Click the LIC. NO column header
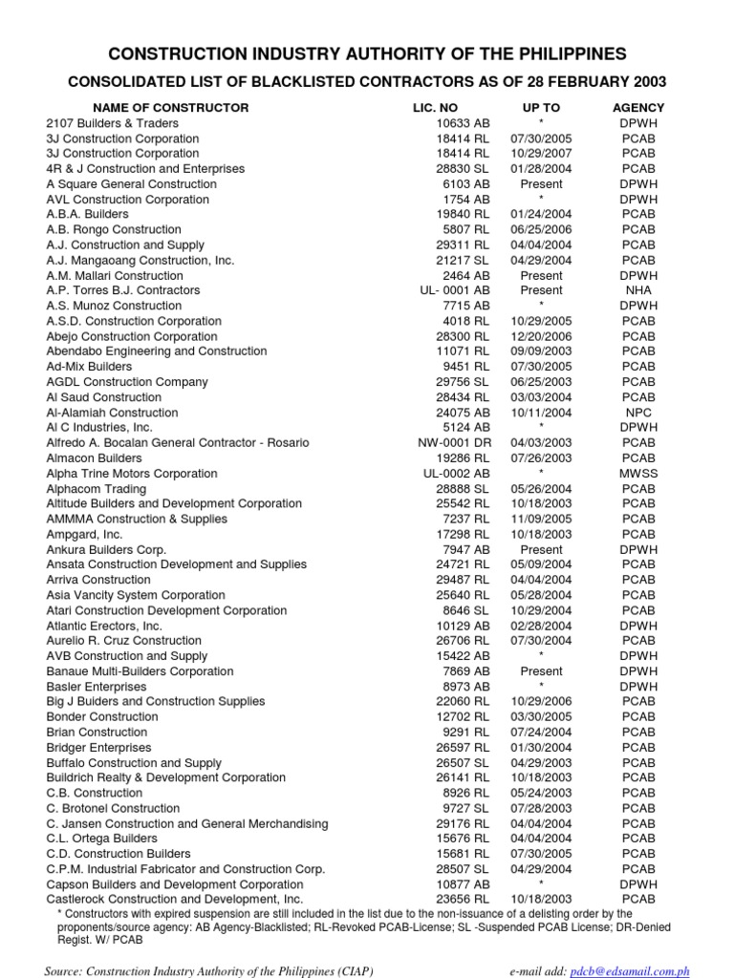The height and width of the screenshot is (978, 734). pyautogui.click(x=433, y=108)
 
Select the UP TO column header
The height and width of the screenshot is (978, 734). pyautogui.click(x=541, y=108)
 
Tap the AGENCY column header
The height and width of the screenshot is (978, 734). pyautogui.click(x=638, y=108)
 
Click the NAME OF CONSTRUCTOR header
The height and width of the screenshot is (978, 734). pyautogui.click(x=171, y=108)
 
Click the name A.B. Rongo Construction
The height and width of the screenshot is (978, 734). pyautogui.click(x=114, y=230)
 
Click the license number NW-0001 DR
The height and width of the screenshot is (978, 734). pyautogui.click(x=454, y=443)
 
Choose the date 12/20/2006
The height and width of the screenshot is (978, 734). pyautogui.click(x=541, y=336)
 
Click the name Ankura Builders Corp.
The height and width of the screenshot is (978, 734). pyautogui.click(x=106, y=550)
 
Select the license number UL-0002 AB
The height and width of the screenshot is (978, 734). pyautogui.click(x=457, y=474)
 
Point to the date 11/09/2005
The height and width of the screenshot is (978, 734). pyautogui.click(x=541, y=520)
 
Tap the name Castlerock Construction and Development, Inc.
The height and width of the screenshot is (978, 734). pyautogui.click(x=175, y=899)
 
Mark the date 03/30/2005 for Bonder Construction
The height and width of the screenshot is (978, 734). pyautogui.click(x=541, y=716)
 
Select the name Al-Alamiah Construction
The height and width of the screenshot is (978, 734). pyautogui.click(x=112, y=413)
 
